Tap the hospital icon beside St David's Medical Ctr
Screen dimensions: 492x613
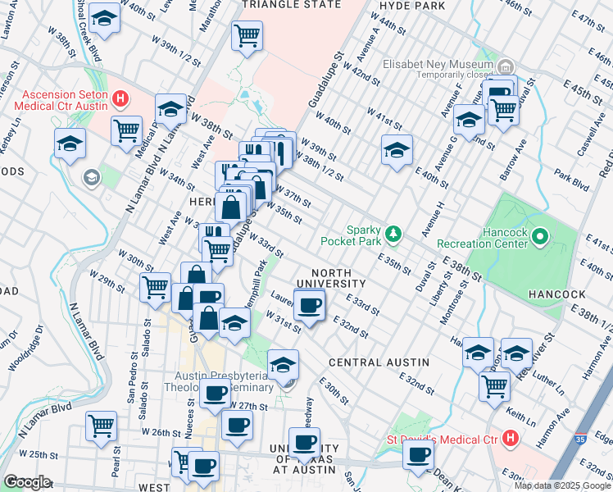(x=511, y=439)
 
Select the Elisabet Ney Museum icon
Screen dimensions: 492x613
(x=506, y=66)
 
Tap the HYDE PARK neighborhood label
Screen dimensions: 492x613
(x=409, y=4)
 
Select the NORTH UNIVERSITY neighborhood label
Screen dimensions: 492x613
(x=331, y=278)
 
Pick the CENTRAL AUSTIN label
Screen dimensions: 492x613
(x=379, y=362)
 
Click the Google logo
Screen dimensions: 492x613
(x=27, y=482)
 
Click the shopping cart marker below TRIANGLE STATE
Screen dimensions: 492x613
(x=247, y=35)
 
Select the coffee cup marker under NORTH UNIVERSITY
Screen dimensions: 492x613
(x=309, y=307)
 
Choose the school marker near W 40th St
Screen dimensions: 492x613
(x=397, y=150)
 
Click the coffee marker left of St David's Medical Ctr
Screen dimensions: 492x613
(x=418, y=453)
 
